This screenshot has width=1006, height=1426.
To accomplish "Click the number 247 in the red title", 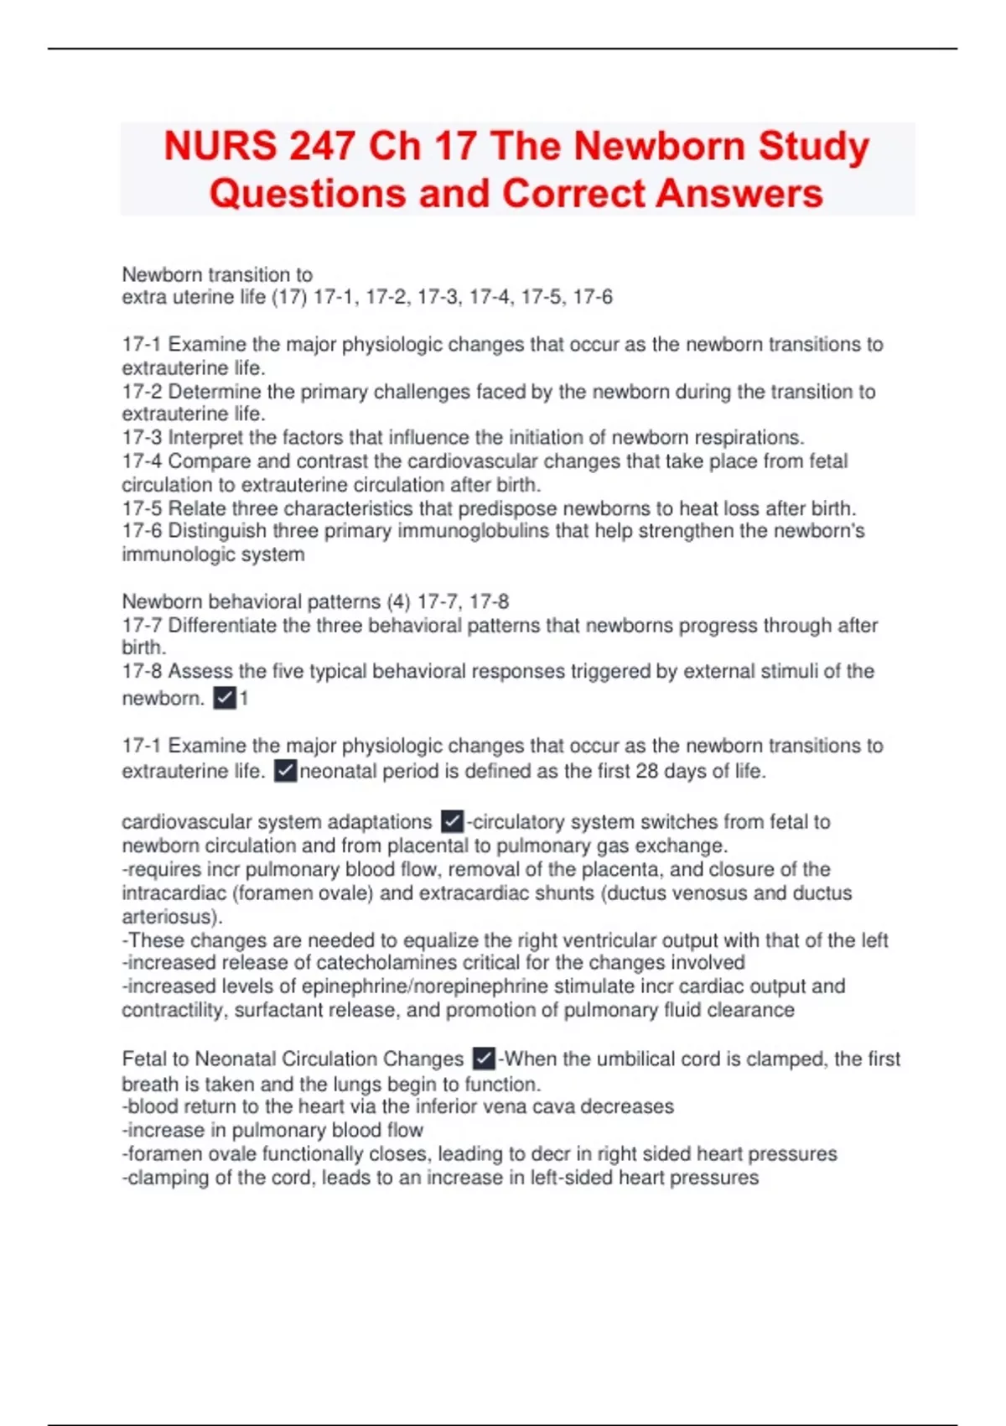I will point(321,146).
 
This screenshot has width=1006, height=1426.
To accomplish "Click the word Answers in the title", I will point(739,193).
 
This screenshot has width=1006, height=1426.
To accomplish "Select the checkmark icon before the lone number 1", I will point(225,698).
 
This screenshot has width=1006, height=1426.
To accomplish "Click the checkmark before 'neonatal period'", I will point(286,771).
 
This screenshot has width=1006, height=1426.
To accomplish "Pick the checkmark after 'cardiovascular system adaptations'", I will point(453,821).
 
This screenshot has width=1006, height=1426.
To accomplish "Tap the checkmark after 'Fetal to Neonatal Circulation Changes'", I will point(484,1059).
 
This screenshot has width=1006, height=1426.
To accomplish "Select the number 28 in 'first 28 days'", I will point(647,771).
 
